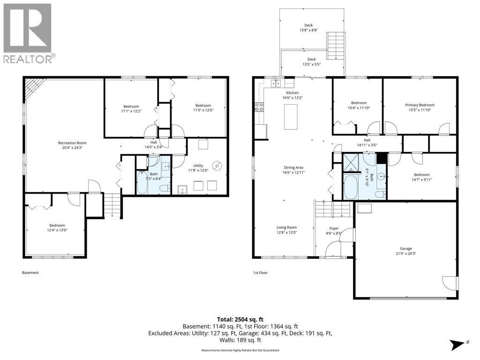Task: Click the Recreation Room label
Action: point(72,142)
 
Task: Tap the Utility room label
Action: point(198,165)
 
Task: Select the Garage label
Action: point(406,248)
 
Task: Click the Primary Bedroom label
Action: point(420,105)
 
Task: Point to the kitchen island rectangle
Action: point(291,117)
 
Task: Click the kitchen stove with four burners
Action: point(259,106)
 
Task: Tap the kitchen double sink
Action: point(277,83)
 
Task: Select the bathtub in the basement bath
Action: point(142,183)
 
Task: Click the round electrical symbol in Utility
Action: point(217,165)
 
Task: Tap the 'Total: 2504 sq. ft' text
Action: point(240,320)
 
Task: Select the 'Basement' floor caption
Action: point(30,272)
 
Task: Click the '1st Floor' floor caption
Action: point(260,272)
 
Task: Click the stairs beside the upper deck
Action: point(336,45)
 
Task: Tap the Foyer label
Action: point(334,228)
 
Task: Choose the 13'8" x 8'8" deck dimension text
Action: point(308,30)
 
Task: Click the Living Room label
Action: point(286,227)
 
